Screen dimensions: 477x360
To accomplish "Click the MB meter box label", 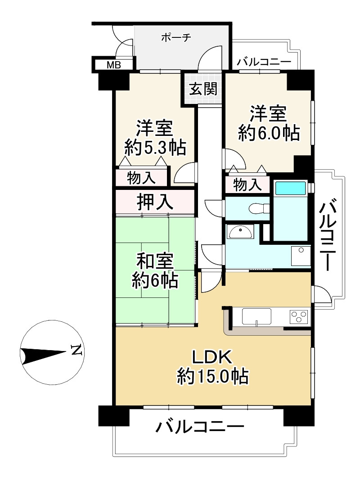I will (113, 65).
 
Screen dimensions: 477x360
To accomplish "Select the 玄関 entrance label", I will (202, 89).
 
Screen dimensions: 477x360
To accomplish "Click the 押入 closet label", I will (155, 202).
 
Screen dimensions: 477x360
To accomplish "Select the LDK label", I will (212, 357).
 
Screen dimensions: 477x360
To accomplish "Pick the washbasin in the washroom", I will (240, 232).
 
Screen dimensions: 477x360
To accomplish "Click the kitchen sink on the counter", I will (256, 316).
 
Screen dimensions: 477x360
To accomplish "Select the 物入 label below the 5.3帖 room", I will (142, 178).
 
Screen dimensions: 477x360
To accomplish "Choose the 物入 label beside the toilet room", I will (247, 184).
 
